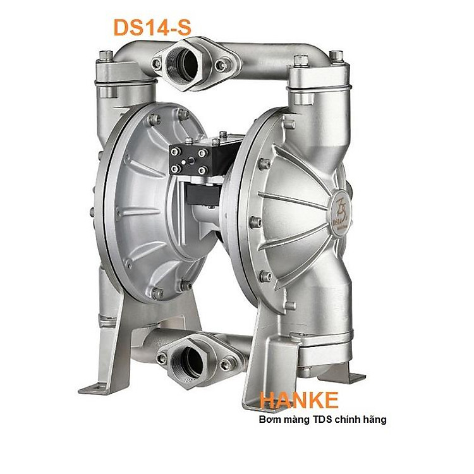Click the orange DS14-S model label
[151, 27]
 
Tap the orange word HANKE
[298, 400]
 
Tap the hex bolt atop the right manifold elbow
[301, 60]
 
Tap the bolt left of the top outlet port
[157, 63]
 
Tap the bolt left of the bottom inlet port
[162, 358]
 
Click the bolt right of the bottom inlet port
[225, 364]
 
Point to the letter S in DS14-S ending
[182, 27]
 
